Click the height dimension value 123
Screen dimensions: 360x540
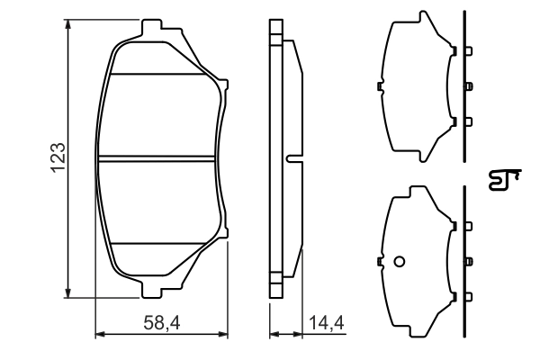(57, 158)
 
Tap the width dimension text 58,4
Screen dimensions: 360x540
(161, 321)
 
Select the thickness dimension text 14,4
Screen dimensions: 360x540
(326, 321)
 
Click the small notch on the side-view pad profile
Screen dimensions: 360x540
(293, 158)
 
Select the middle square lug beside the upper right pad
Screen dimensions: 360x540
(468, 86)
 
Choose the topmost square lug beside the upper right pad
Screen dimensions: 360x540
(468, 50)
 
